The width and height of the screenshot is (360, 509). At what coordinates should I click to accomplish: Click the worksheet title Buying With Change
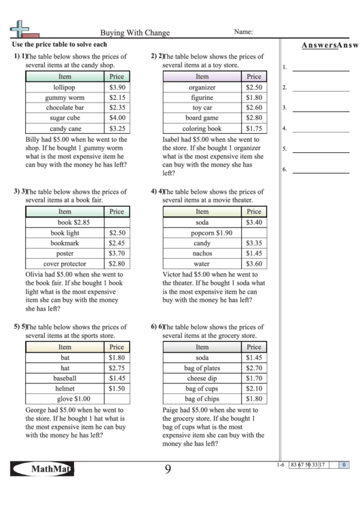pos(134,32)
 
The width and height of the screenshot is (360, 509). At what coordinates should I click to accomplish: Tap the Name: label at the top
pos(243,31)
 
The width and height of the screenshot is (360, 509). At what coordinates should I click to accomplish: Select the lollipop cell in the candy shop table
pos(65,88)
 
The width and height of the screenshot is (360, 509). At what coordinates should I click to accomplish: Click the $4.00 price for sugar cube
pos(117,118)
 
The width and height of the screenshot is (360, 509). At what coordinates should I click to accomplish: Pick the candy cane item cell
pos(65,128)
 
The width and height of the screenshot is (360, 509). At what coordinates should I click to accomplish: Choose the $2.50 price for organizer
pos(254,88)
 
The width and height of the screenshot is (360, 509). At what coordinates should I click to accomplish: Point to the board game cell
pos(202,118)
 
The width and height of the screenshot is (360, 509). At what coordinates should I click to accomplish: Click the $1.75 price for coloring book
pos(254,128)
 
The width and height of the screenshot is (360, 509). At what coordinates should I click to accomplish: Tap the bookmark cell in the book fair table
pos(65,243)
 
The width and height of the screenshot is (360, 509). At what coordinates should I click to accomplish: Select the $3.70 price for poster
pos(117,253)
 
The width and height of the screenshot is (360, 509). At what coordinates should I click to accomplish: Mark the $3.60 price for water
pos(254,264)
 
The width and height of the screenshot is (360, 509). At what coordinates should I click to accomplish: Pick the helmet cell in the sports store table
pos(65,388)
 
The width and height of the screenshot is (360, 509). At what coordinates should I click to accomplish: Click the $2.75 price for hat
pos(117,368)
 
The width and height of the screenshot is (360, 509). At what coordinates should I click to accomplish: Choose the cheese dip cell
pos(202,378)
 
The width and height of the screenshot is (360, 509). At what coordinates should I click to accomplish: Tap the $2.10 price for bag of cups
pos(254,388)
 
